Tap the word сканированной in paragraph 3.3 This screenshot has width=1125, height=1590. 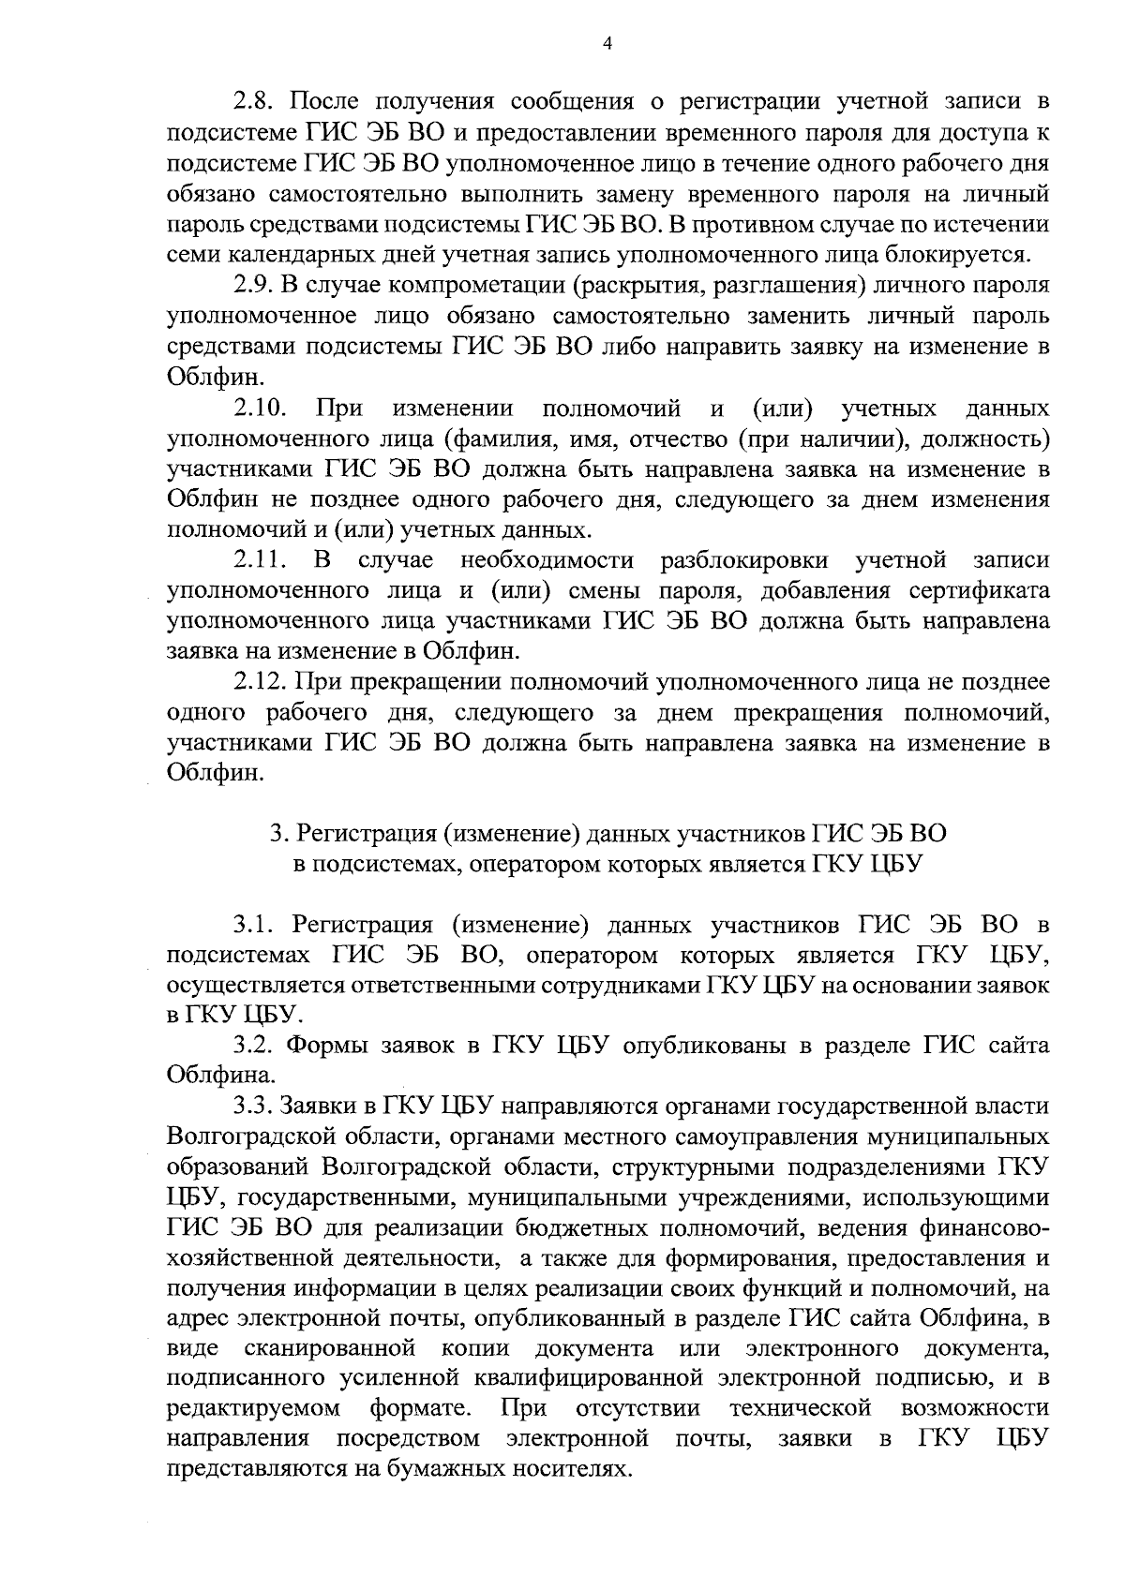tap(329, 1351)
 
